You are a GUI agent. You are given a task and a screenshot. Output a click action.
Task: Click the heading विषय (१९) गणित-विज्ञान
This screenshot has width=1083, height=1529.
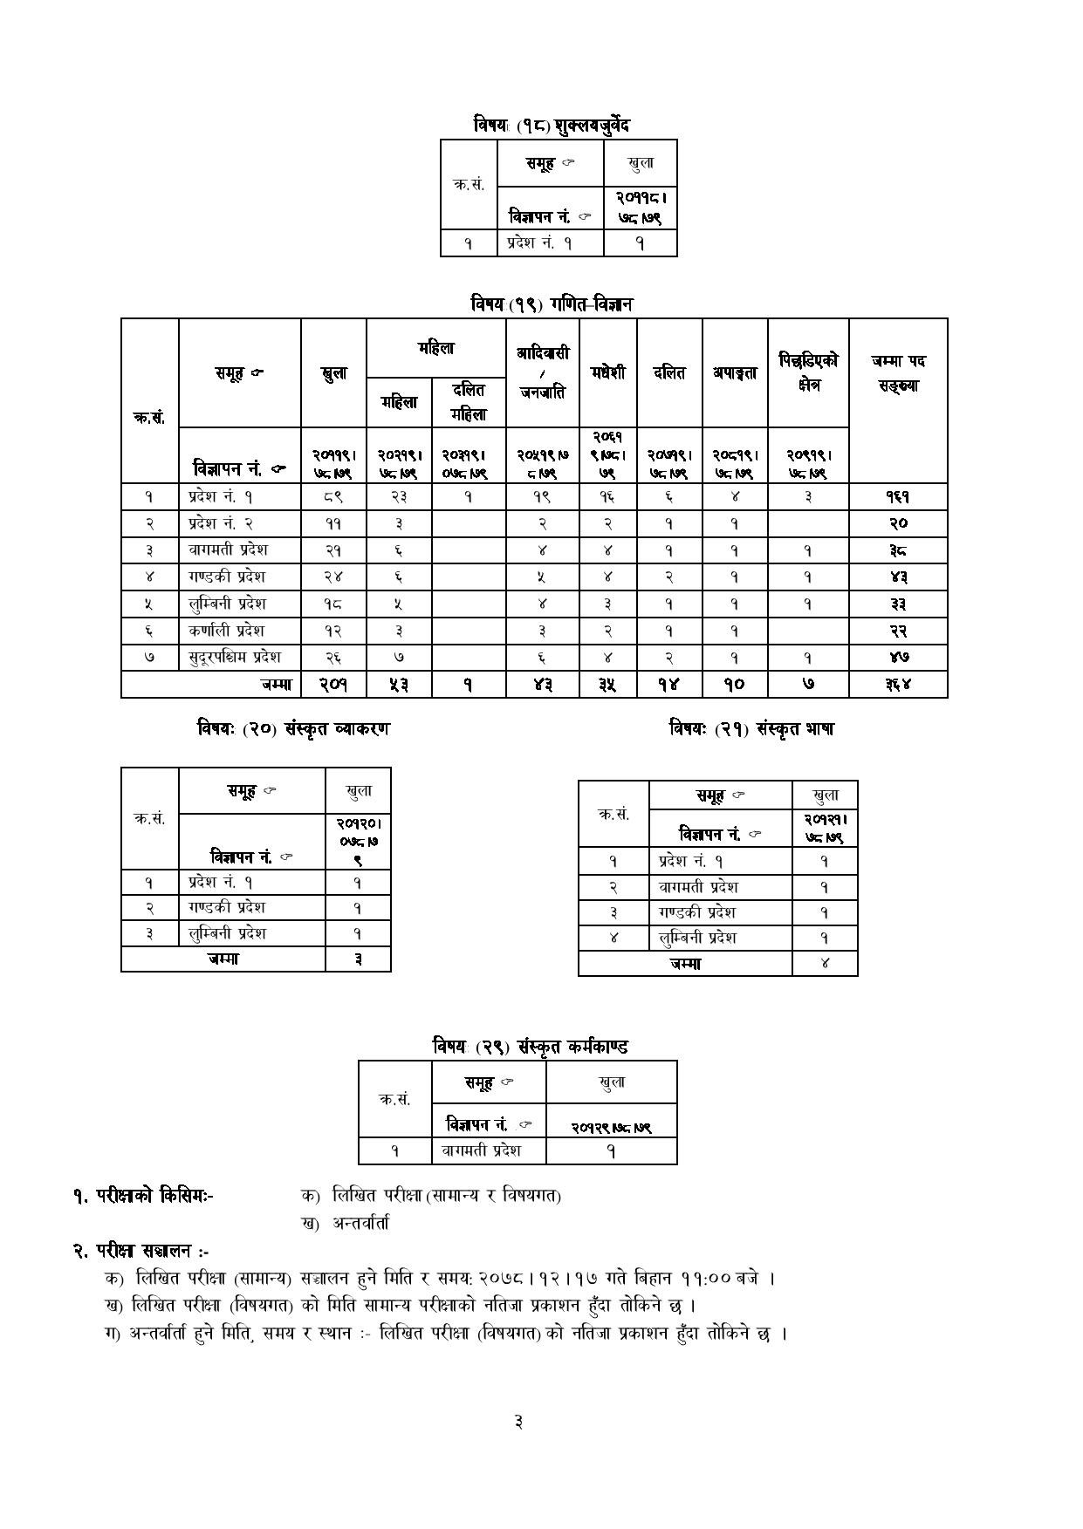click(552, 304)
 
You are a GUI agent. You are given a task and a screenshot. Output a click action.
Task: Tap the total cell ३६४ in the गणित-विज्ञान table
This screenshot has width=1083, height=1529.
click(898, 685)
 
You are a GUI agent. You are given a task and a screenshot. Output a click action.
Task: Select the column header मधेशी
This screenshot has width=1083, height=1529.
click(607, 372)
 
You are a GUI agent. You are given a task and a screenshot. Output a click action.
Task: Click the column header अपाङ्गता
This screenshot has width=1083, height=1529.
click(735, 372)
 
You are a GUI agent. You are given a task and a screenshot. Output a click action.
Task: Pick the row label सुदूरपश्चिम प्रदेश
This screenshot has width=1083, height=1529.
click(235, 657)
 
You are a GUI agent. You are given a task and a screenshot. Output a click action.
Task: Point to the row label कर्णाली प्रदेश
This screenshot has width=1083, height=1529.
click(226, 630)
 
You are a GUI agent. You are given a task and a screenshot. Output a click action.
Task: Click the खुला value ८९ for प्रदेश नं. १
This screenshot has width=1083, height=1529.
click(333, 497)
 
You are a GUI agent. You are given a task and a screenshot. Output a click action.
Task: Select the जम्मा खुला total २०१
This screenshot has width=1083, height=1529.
click(333, 685)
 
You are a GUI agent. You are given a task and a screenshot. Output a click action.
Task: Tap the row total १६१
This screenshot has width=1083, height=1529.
click(898, 497)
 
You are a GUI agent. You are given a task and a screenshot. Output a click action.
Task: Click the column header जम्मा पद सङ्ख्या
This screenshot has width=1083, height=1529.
click(898, 372)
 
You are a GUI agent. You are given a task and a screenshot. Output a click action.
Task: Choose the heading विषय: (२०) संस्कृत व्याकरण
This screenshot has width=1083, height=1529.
click(293, 728)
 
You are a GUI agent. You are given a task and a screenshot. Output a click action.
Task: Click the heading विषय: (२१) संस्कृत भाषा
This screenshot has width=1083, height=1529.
click(751, 728)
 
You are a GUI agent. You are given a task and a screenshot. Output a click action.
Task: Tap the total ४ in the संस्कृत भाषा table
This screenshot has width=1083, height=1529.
click(825, 963)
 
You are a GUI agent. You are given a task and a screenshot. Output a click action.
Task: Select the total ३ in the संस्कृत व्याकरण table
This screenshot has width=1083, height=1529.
click(358, 959)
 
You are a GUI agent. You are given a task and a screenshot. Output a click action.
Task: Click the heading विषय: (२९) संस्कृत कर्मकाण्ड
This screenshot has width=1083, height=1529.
click(531, 1046)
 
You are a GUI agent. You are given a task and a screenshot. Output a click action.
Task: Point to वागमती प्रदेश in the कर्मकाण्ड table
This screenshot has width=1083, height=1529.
click(481, 1150)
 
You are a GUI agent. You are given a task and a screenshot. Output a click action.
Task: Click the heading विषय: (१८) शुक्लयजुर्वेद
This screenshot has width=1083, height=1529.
click(552, 125)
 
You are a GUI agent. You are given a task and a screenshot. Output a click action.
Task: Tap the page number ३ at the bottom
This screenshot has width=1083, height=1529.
click(518, 1422)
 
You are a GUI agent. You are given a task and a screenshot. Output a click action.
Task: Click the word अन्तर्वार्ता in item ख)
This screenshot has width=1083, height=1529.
click(360, 1223)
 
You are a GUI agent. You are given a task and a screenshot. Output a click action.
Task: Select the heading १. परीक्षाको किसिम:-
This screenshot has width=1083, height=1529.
click(143, 1196)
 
